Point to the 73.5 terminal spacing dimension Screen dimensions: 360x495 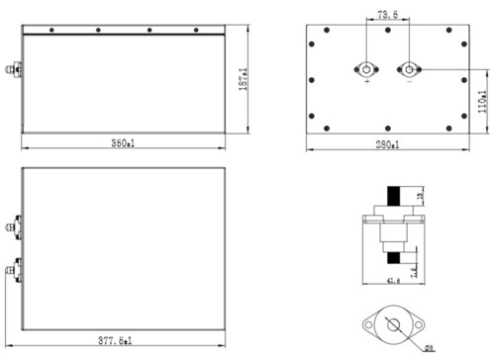(x=388, y=14)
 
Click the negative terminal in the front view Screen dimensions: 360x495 (x=407, y=70)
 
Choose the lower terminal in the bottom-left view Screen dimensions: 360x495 (x=14, y=268)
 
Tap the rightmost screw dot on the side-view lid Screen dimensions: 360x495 (x=203, y=30)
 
